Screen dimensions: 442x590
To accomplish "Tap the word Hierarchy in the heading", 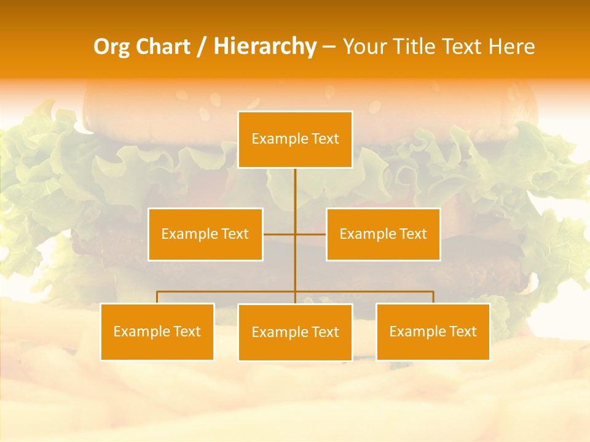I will coord(264,47).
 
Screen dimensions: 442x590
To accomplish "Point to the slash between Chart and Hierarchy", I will coord(202,47).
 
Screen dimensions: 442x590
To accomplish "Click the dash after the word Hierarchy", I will coord(329,47).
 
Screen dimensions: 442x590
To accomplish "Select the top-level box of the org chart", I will coord(295,139).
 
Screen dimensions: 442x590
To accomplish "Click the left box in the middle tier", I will coord(205,234).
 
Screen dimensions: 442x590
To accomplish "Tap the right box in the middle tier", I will coord(383,234).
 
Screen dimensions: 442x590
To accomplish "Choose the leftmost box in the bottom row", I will coord(157,331).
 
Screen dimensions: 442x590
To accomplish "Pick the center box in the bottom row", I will coord(295,332).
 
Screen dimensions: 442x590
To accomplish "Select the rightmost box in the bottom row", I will coord(433,331).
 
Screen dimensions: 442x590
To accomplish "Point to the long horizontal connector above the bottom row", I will coord(227,292).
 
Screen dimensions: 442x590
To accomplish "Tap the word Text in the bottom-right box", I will coord(462,331).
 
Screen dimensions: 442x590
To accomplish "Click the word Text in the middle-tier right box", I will coord(412,234).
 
